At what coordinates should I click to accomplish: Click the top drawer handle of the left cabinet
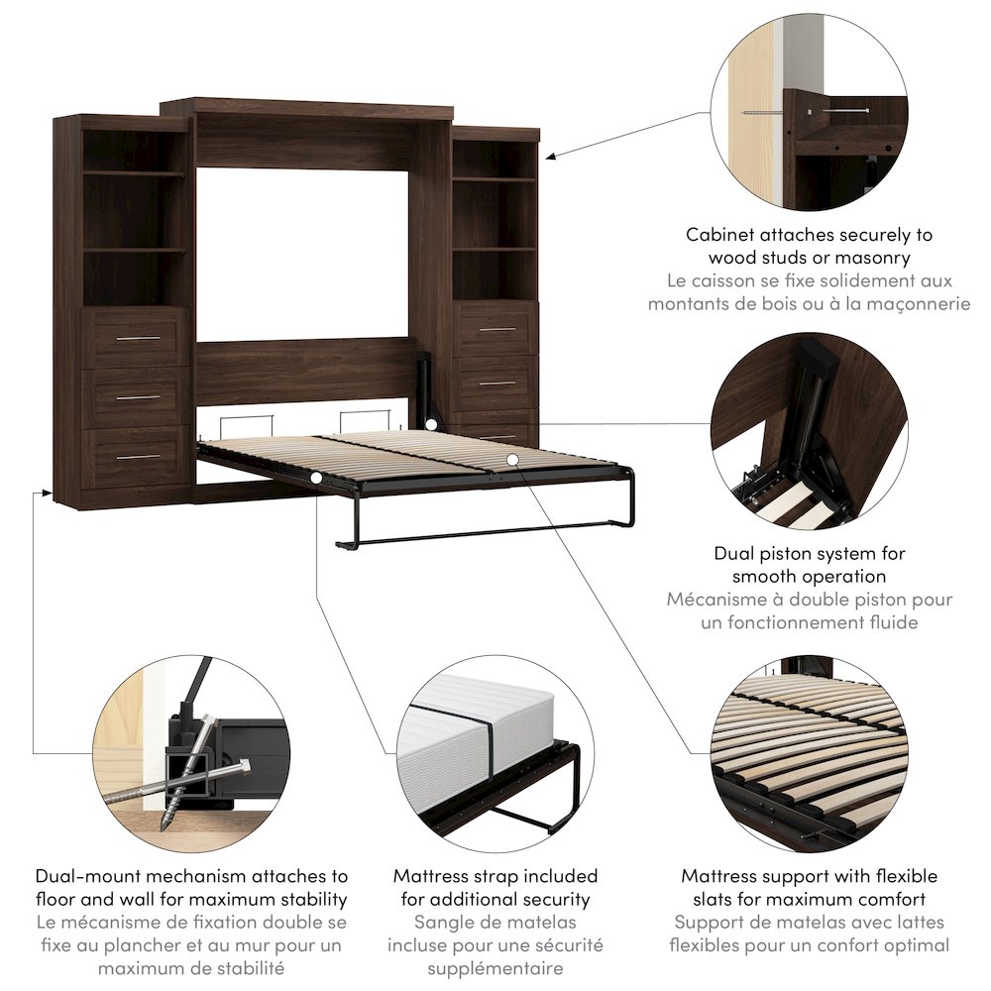(138, 339)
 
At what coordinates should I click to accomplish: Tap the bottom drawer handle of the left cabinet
(138, 457)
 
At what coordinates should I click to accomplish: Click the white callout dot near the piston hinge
(432, 424)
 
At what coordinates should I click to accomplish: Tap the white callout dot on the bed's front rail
(315, 479)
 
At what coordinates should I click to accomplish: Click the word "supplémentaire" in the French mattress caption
(495, 968)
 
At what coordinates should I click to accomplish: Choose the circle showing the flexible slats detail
(809, 753)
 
